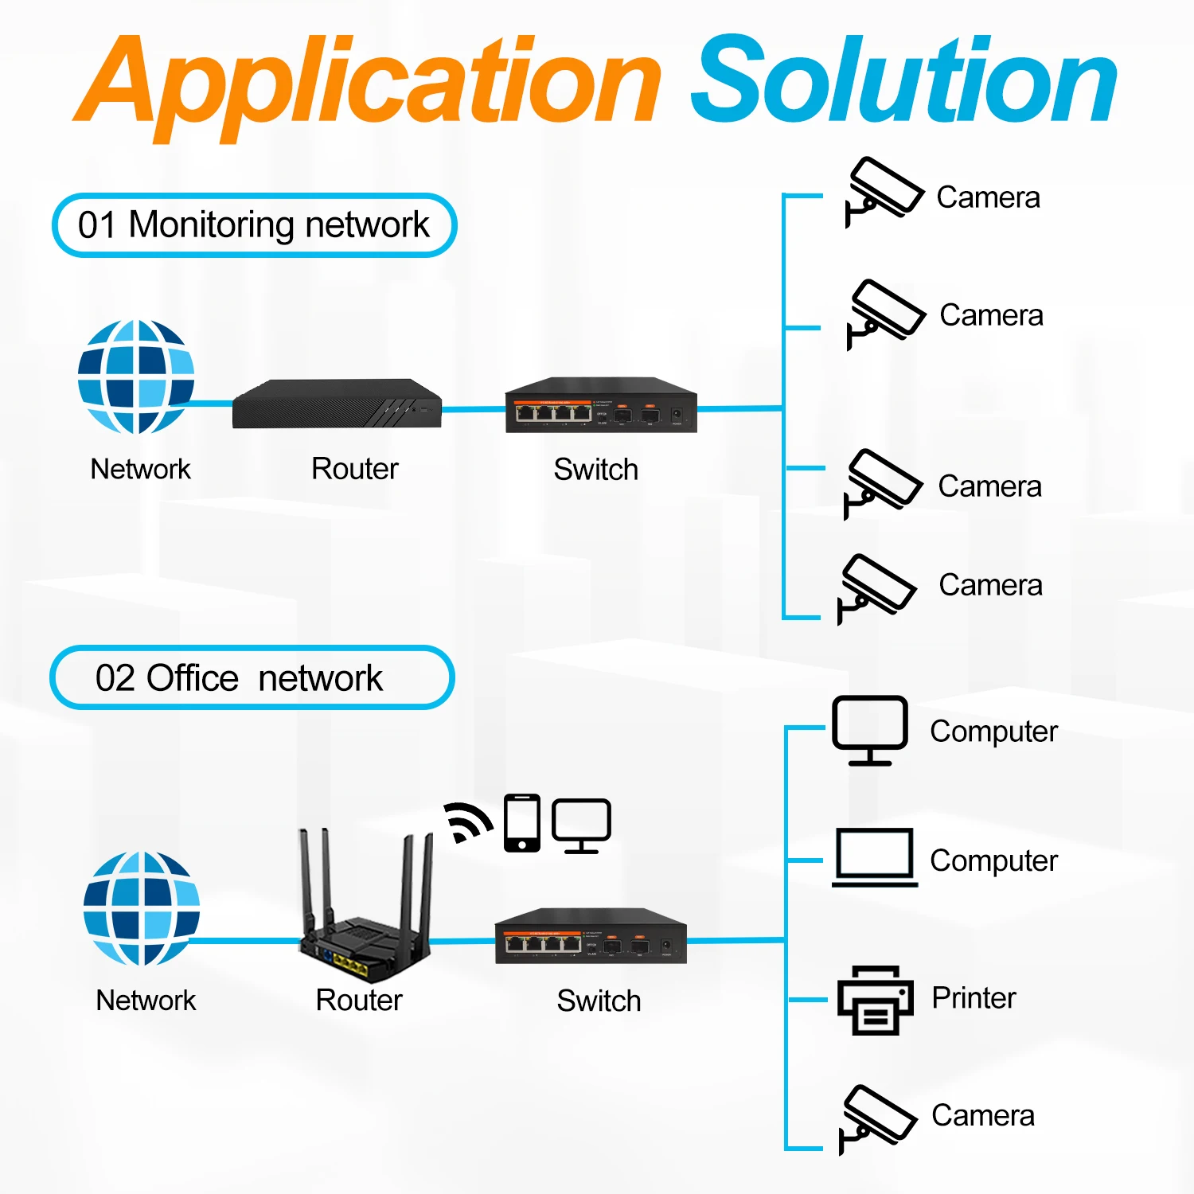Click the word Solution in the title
point(904,80)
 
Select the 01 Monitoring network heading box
point(254,225)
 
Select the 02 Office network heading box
point(252,677)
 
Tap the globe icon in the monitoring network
point(136,377)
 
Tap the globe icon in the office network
point(142,908)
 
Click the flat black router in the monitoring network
point(337,404)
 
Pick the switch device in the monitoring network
point(601,405)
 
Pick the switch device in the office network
point(591,936)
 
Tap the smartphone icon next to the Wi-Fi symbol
point(522,822)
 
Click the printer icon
point(875,1000)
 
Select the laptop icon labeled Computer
point(875,857)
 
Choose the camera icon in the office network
point(878,1119)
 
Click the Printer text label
point(974,997)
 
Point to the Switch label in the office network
point(599,1001)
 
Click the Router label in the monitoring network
point(355,469)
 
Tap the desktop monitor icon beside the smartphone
point(582,825)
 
